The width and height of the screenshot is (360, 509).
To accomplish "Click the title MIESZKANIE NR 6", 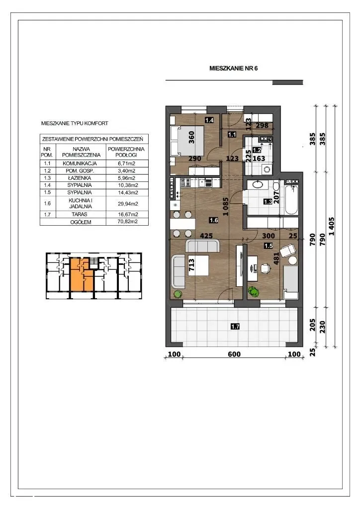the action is [x=233, y=68].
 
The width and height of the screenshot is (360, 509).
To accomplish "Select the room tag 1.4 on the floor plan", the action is [x=209, y=120].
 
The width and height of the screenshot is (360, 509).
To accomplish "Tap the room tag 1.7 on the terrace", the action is [x=235, y=327].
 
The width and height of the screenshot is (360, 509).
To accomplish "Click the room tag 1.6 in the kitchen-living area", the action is [x=214, y=220].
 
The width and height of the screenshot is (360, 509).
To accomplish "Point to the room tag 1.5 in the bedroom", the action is [x=269, y=246].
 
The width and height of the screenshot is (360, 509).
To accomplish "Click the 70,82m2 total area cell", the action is [x=127, y=222].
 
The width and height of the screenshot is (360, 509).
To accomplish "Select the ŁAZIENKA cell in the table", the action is [x=80, y=178].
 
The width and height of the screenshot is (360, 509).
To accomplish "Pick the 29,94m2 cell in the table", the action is [x=127, y=203].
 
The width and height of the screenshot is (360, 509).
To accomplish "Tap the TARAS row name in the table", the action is [x=80, y=214].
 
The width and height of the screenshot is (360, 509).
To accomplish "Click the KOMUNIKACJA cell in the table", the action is [x=80, y=163].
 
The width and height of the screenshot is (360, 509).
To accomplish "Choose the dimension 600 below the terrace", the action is [x=234, y=354].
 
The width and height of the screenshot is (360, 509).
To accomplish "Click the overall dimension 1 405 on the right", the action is [x=332, y=227].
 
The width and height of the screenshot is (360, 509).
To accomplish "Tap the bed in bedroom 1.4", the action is [x=187, y=142].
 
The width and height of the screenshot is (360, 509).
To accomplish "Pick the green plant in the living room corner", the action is [x=178, y=294].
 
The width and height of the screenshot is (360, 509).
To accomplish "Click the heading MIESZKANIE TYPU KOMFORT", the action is [x=75, y=123].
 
